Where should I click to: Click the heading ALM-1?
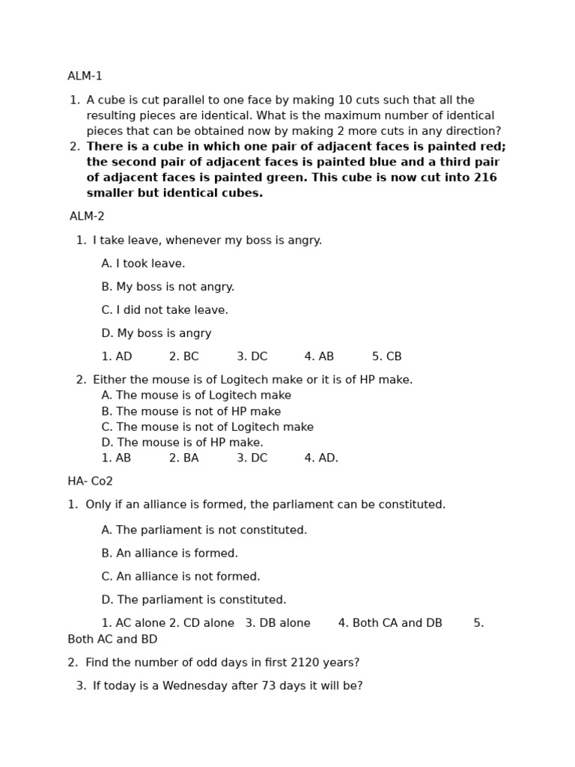coord(85,76)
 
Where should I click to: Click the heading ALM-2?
coord(87,216)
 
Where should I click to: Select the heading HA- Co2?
coord(90,482)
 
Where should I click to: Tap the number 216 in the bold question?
coord(485,178)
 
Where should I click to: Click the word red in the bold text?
coord(492,147)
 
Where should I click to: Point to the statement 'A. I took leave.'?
coord(143,264)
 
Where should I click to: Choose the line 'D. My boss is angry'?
coord(156,333)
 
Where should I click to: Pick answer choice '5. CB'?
coord(386,357)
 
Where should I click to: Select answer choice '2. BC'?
coord(183,357)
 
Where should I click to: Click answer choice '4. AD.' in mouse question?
coord(321,458)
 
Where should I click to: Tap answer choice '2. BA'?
coord(183,458)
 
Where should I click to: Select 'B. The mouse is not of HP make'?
coord(191,411)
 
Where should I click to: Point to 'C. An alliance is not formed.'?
coord(180,577)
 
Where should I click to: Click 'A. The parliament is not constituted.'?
coord(204,530)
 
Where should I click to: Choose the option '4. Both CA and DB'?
coord(390,623)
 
